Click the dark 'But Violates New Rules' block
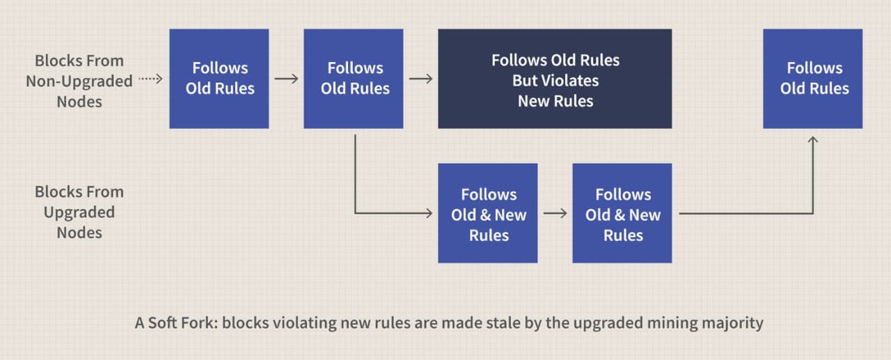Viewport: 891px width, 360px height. (555, 79)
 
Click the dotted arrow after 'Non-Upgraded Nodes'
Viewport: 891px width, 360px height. (150, 79)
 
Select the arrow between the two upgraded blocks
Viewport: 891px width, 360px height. (555, 213)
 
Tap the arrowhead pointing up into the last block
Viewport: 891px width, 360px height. (812, 140)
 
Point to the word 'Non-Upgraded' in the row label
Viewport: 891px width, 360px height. (79, 81)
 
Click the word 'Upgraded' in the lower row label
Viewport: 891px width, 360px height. (79, 212)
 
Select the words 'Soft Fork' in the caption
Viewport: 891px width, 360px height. (183, 322)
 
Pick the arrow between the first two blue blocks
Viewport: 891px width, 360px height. (286, 79)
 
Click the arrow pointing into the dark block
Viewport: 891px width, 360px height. (421, 79)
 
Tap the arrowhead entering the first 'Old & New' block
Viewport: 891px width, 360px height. (429, 213)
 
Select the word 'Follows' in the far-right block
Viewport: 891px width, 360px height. (814, 68)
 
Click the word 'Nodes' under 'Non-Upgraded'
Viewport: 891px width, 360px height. (79, 102)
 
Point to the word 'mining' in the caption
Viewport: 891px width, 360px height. (672, 323)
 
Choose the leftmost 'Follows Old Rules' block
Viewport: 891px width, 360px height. (219, 79)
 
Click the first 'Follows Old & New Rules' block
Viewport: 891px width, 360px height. (488, 213)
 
